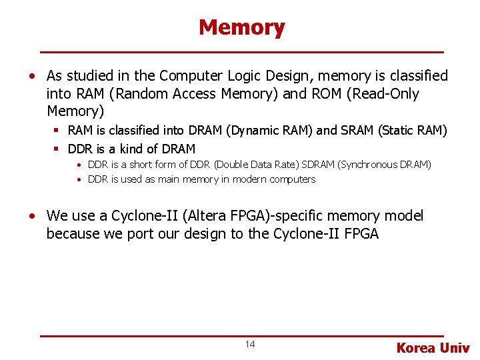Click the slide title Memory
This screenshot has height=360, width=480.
click(x=241, y=27)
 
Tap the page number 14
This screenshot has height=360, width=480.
click(x=250, y=344)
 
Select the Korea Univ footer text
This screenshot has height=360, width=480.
click(x=433, y=347)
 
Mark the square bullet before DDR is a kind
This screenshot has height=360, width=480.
click(x=58, y=149)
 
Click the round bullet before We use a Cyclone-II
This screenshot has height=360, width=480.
click(x=32, y=216)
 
